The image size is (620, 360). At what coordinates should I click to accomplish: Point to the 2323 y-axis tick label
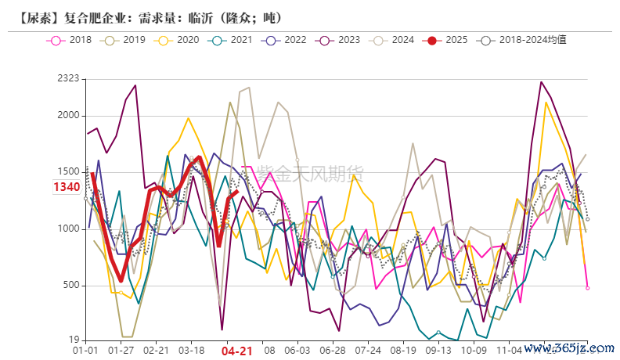pyautogui.click(x=69, y=78)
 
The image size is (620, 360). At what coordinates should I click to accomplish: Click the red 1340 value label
pyautogui.click(x=67, y=187)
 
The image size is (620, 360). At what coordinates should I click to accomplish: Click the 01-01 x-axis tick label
pyautogui.click(x=85, y=351)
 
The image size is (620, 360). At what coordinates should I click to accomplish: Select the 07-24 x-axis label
pyautogui.click(x=369, y=351)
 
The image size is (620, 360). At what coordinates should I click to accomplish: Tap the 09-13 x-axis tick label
pyautogui.click(x=439, y=351)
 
